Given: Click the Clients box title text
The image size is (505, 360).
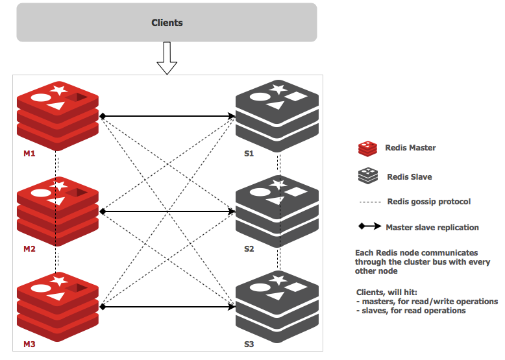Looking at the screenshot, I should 167,23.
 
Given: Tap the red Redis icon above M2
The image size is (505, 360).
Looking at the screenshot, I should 57,207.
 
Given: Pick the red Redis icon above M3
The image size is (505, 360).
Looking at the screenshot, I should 57,302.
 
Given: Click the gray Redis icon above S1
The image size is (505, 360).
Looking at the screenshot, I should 277,112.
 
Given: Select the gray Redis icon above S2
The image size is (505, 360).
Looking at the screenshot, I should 277,207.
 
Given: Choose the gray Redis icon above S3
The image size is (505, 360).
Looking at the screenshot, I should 277,302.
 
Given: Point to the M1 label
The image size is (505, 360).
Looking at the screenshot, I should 29,154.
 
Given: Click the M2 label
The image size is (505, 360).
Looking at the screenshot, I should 29,249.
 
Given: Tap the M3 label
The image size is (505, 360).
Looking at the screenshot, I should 29,344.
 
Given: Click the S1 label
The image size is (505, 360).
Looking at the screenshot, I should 249,154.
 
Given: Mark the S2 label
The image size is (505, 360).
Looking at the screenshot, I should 249,249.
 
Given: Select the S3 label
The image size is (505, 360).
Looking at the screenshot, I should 249,344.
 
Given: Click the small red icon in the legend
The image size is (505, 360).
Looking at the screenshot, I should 367,149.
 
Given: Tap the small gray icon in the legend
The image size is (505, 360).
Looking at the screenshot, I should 367,176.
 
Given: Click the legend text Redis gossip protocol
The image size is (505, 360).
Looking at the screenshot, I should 428,202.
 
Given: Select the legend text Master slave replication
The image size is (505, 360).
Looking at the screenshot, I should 432,228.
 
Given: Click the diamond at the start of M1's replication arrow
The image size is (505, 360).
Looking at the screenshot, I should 103,116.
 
